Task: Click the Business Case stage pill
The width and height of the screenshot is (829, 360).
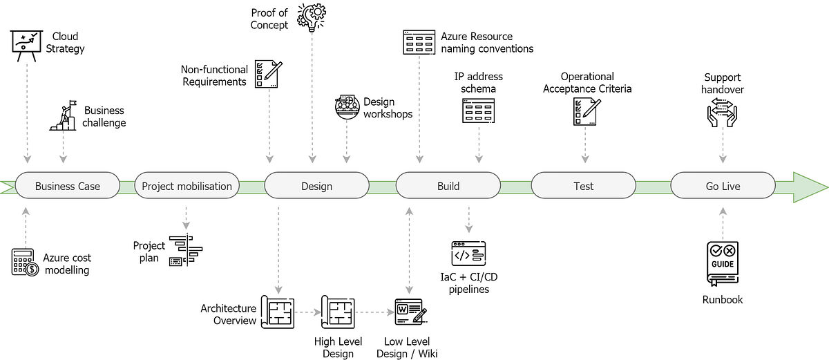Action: [68, 186]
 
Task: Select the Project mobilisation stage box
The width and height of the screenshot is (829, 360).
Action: [186, 186]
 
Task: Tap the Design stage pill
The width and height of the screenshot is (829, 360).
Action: [316, 186]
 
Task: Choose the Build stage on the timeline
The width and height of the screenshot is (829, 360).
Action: [448, 186]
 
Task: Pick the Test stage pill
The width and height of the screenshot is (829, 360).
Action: [583, 186]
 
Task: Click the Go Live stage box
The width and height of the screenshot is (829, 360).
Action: [723, 186]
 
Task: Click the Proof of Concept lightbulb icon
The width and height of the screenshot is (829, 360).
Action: [312, 17]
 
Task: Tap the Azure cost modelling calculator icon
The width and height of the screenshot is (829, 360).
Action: [25, 263]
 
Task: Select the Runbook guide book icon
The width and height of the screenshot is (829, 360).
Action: [722, 263]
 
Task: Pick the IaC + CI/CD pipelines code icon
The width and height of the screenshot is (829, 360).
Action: [468, 254]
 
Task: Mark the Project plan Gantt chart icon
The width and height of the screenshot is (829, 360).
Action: [186, 251]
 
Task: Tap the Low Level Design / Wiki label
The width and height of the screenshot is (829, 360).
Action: [410, 348]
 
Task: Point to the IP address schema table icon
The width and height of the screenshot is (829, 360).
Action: [478, 111]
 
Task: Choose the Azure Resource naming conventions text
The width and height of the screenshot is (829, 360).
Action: [487, 42]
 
